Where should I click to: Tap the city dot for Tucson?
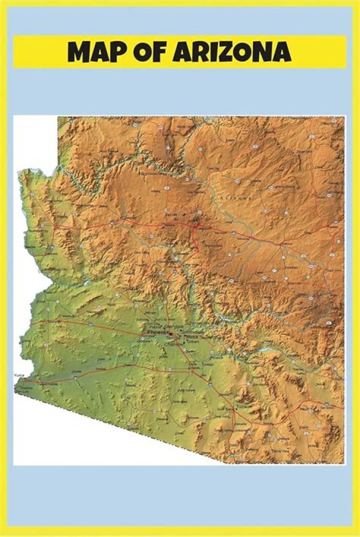pos(234,409)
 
